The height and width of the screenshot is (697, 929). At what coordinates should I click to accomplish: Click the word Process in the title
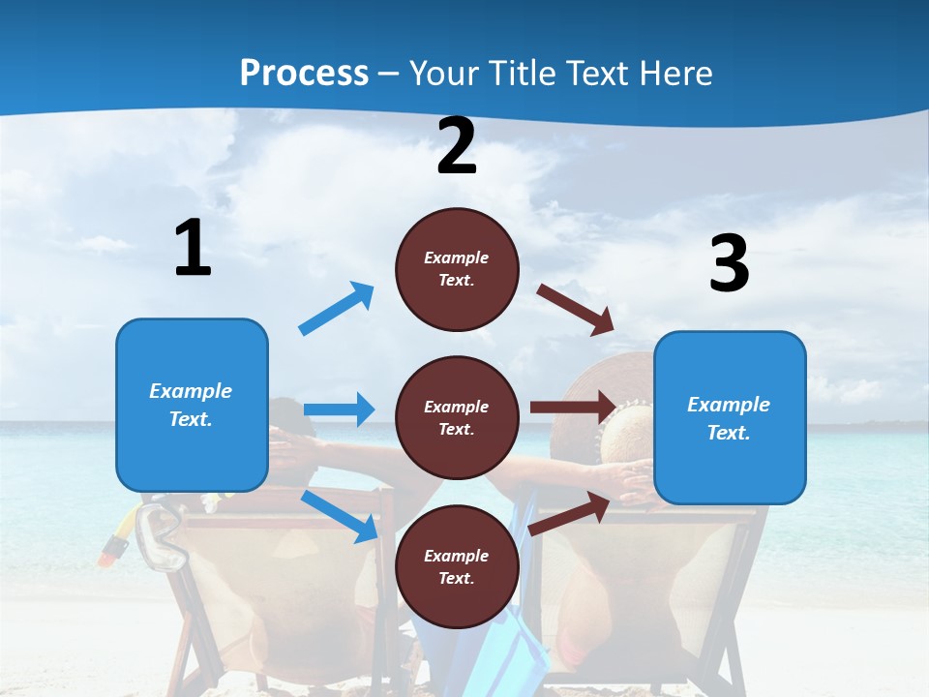coord(304,73)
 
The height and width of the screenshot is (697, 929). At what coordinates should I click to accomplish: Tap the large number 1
coord(193,249)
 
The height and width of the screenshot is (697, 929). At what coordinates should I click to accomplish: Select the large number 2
coord(457,147)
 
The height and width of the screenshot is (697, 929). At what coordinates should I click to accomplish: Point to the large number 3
coord(729,263)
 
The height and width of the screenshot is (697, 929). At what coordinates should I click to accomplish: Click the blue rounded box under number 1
coord(192,405)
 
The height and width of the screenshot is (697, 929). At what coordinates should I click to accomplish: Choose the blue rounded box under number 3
coord(730,417)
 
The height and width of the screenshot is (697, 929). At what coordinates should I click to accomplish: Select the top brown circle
coord(457,269)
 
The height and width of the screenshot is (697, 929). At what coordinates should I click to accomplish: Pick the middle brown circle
coord(457,417)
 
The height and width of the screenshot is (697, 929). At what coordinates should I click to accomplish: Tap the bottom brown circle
coord(457,566)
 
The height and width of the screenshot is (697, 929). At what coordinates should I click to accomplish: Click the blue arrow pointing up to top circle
coord(337,309)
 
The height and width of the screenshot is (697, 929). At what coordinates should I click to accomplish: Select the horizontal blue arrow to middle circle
coord(339,409)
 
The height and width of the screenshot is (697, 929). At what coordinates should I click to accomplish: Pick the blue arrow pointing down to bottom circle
coord(340,516)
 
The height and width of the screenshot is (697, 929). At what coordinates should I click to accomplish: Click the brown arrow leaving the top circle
coord(576,309)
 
